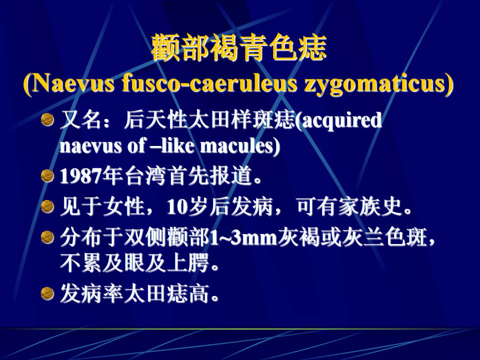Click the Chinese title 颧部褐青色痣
pos(239,47)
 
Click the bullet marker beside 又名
pos(47,119)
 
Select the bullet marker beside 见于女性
pos(47,206)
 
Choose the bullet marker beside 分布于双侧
pos(47,237)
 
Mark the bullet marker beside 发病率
pos(47,293)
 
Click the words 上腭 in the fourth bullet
pos(188,262)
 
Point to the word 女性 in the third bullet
pos(124,206)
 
